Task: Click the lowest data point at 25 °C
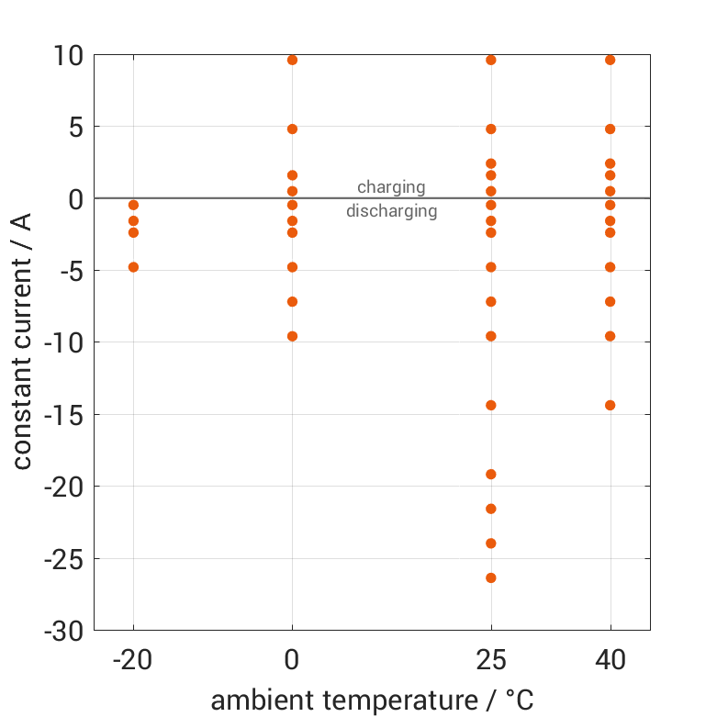click(491, 577)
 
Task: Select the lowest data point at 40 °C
click(611, 405)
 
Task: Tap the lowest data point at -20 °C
click(134, 267)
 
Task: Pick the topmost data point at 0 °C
click(293, 60)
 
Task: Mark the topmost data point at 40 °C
click(611, 60)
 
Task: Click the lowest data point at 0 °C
click(293, 336)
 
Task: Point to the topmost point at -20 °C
click(134, 205)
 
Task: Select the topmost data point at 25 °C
click(491, 60)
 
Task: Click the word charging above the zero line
click(391, 187)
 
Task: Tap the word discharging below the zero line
click(391, 211)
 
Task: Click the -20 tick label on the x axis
click(133, 659)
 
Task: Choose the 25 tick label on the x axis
click(491, 659)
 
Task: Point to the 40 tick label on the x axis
click(611, 659)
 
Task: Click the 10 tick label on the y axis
click(68, 56)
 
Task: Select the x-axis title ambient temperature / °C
click(372, 700)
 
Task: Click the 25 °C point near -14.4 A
click(491, 405)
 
